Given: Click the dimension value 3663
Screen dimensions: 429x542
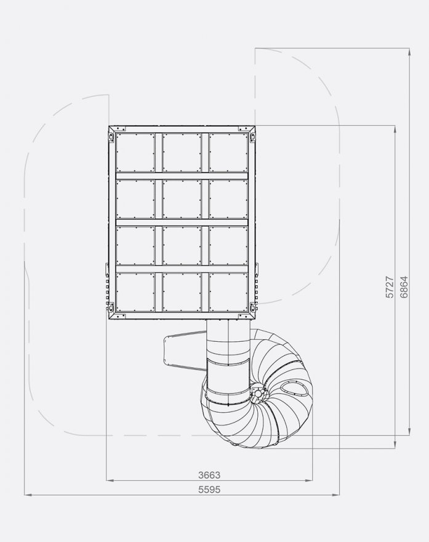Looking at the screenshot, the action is click(209, 475).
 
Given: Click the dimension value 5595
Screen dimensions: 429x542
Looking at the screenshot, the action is click(209, 490).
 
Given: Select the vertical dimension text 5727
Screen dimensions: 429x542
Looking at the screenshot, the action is click(390, 287).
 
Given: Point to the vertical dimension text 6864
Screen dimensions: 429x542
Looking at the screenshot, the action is click(404, 287).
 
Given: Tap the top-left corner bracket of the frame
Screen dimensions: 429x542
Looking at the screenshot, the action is click(111, 137).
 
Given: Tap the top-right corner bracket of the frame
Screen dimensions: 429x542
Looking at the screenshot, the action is click(253, 137).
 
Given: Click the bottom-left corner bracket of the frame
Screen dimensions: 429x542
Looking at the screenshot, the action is click(111, 307).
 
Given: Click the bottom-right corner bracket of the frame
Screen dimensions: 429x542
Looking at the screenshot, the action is click(253, 307).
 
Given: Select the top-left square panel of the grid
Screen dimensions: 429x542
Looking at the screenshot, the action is click(135, 153).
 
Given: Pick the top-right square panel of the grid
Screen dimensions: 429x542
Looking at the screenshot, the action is click(228, 153).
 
